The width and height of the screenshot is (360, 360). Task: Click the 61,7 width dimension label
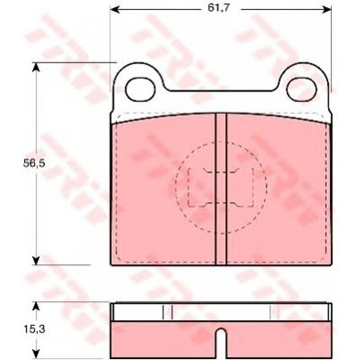(218, 8)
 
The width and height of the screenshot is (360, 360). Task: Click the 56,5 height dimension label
(34, 163)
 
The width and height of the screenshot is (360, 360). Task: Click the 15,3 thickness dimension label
(34, 329)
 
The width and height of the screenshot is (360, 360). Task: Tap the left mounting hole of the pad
(140, 89)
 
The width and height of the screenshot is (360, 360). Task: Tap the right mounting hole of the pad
(302, 89)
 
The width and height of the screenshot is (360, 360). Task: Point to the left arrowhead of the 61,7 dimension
(115, 10)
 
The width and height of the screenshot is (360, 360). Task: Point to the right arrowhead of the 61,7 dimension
(327, 10)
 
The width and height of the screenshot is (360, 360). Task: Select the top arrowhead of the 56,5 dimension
(36, 67)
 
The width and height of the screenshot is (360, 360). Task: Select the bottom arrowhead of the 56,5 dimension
(36, 260)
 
